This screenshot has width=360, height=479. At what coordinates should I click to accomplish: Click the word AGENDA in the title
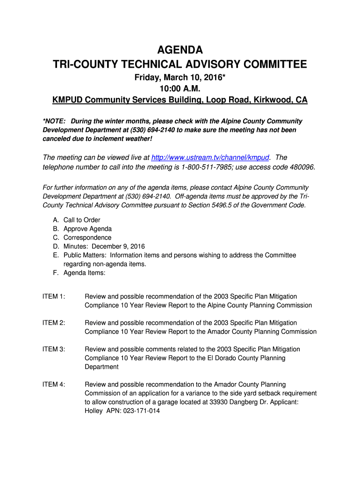pyautogui.click(x=180, y=50)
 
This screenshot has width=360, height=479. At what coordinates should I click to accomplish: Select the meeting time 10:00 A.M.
pyautogui.click(x=180, y=89)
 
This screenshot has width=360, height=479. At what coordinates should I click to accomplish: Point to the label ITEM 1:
pyautogui.click(x=54, y=297)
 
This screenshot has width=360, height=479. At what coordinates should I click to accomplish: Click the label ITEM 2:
pyautogui.click(x=54, y=323)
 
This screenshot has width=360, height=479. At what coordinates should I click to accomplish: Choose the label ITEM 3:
pyautogui.click(x=54, y=349)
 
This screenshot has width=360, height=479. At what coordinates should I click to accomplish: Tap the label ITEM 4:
pyautogui.click(x=54, y=385)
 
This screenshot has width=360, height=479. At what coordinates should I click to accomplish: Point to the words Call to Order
pyautogui.click(x=82, y=220)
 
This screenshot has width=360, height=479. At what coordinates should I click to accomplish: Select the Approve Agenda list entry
pyautogui.click(x=87, y=229)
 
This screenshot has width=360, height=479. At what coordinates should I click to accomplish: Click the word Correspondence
pyautogui.click(x=87, y=238)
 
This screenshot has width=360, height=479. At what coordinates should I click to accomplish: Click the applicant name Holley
pyautogui.click(x=94, y=411)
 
